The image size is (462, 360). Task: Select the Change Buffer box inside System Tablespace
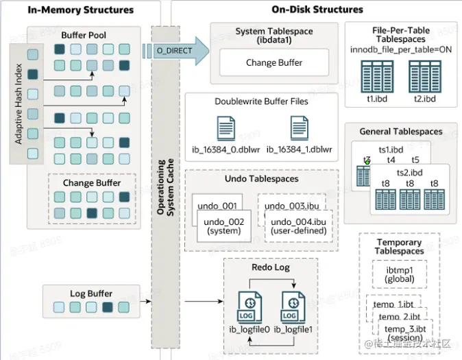pyautogui.click(x=274, y=63)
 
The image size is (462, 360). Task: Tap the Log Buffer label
pyautogui.click(x=91, y=293)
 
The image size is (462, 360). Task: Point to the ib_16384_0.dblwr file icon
pyautogui.click(x=228, y=128)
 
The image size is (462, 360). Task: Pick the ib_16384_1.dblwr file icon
pyautogui.click(x=299, y=128)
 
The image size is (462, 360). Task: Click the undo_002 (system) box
pyautogui.click(x=224, y=226)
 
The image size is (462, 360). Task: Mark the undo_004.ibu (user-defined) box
pyautogui.click(x=299, y=226)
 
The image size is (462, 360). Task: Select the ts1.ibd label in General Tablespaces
pyautogui.click(x=391, y=149)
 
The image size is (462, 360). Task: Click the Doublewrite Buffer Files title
pyautogui.click(x=261, y=101)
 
